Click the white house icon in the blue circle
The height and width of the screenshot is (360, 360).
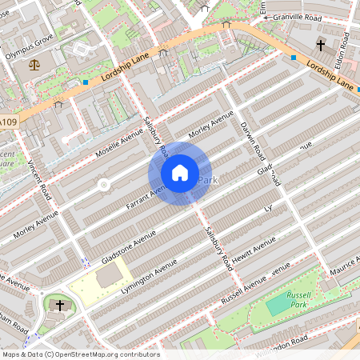tap(180, 172)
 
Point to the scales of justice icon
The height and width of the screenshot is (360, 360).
tap(34, 64)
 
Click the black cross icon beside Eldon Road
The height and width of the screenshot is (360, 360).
tap(321, 45)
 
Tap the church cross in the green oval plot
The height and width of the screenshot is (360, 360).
tap(60, 305)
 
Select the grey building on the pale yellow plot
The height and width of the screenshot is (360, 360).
tap(110, 278)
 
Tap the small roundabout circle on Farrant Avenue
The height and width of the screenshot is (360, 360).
tap(103, 186)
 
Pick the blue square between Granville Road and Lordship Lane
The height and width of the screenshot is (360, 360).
tap(294, 58)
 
